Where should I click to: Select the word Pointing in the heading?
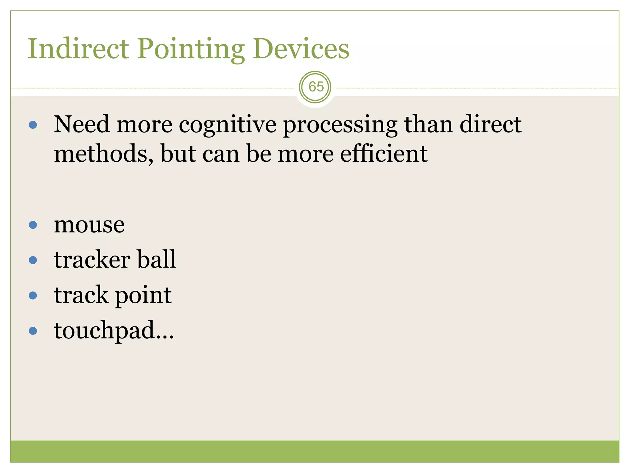pyautogui.click(x=191, y=49)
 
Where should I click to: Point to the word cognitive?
pyautogui.click(x=228, y=125)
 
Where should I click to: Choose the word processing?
pyautogui.click(x=340, y=125)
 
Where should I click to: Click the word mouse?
pyautogui.click(x=89, y=225)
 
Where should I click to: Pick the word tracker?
pyautogui.click(x=92, y=260)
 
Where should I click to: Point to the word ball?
pyautogui.click(x=157, y=260)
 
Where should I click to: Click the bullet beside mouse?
pyautogui.click(x=33, y=225)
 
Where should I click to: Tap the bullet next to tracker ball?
pyautogui.click(x=33, y=260)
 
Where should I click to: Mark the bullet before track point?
pyautogui.click(x=33, y=296)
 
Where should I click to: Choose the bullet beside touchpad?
pyautogui.click(x=33, y=331)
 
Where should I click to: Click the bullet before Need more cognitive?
pyautogui.click(x=33, y=125)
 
